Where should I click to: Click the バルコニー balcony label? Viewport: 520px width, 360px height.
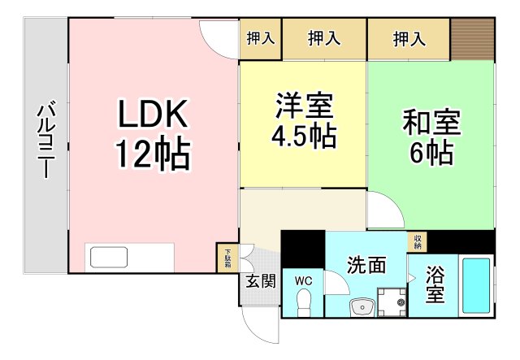(46, 140)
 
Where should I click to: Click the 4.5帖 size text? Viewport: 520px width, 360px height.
(303, 136)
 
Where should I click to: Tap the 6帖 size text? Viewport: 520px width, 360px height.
(431, 152)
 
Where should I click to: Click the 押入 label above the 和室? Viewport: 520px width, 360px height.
(409, 37)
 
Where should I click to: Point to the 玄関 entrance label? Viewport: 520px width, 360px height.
(260, 282)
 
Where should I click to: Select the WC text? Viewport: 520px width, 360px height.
(303, 281)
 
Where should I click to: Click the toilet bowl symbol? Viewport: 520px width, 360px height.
(303, 304)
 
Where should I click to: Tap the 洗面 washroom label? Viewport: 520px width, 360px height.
(366, 265)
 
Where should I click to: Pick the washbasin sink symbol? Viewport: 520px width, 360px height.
(362, 306)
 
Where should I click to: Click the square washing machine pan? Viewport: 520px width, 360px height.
(394, 301)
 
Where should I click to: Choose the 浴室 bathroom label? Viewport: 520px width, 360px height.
(435, 282)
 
